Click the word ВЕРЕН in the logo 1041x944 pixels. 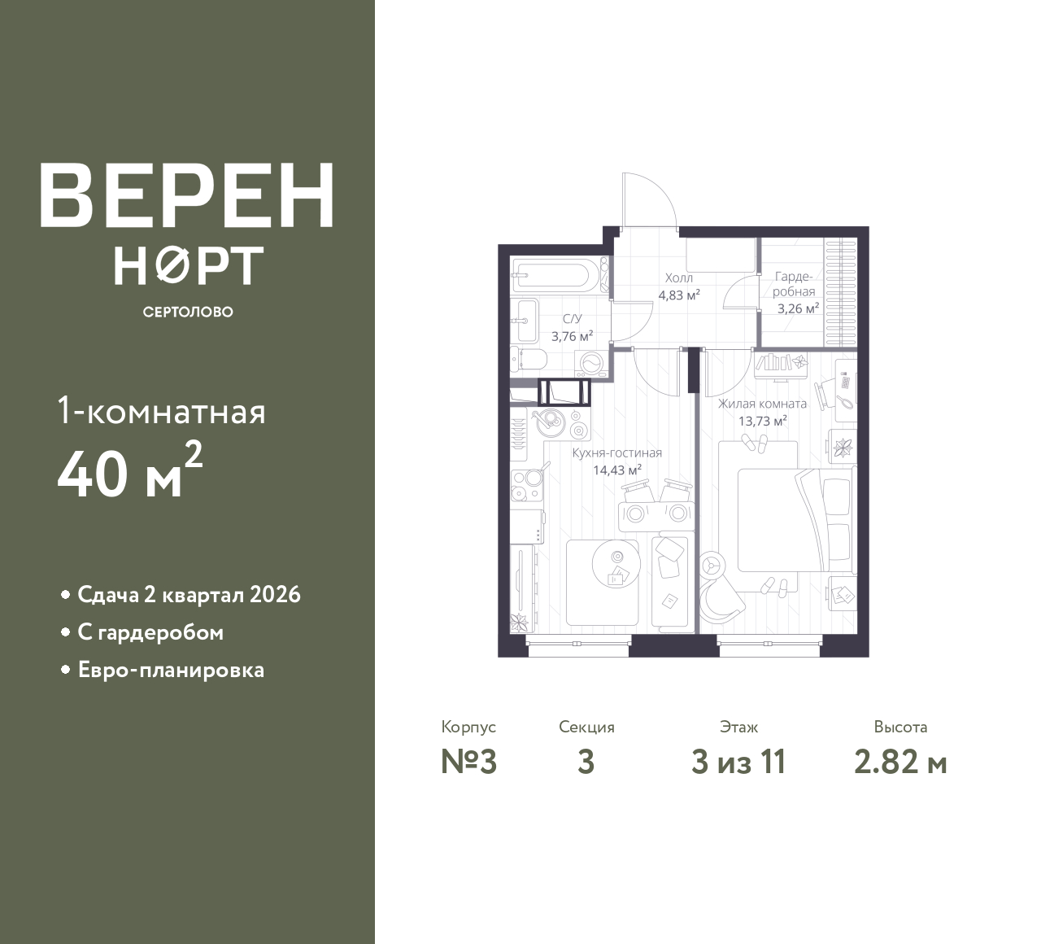(x=187, y=195)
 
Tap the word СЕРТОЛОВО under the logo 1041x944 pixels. (x=188, y=312)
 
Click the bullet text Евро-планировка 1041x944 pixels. (x=172, y=671)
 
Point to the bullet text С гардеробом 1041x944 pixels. (x=150, y=632)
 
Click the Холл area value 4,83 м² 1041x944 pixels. (x=679, y=295)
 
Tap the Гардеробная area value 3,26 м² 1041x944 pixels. (x=798, y=309)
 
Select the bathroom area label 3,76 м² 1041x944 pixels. (x=572, y=336)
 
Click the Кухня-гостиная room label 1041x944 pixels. (x=617, y=452)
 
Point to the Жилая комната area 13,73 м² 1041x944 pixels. (x=762, y=421)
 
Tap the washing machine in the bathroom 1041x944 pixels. (x=591, y=363)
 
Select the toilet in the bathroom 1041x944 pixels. (x=529, y=360)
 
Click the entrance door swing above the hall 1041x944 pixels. (x=650, y=202)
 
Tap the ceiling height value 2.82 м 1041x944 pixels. (x=900, y=763)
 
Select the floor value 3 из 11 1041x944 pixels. (x=738, y=763)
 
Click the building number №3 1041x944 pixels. (x=469, y=763)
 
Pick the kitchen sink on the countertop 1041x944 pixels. (x=549, y=422)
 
